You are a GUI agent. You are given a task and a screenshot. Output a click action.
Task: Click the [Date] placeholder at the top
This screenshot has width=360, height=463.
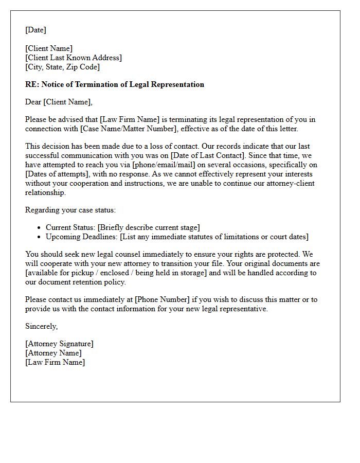pyautogui.click(x=35, y=30)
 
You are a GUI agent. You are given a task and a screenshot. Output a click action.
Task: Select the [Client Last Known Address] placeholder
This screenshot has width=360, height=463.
pyautogui.click(x=74, y=58)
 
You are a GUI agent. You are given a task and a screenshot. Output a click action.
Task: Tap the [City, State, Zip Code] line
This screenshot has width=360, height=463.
pyautogui.click(x=62, y=67)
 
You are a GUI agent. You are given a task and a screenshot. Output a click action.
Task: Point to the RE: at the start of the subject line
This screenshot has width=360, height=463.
pyautogui.click(x=31, y=84)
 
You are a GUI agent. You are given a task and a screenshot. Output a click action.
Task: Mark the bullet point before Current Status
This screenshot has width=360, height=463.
pyautogui.click(x=40, y=227)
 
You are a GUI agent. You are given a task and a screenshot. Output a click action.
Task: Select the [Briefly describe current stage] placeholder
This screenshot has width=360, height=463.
pyautogui.click(x=148, y=227)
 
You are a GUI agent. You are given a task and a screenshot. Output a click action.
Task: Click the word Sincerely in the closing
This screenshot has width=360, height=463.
pyautogui.click(x=41, y=326)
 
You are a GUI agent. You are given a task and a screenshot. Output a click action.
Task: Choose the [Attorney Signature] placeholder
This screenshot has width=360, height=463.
pyautogui.click(x=59, y=344)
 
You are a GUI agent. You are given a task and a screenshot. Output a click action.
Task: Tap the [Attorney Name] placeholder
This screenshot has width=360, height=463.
pyautogui.click(x=53, y=353)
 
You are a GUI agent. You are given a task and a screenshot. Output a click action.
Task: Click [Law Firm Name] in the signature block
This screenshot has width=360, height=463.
pyautogui.click(x=55, y=362)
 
